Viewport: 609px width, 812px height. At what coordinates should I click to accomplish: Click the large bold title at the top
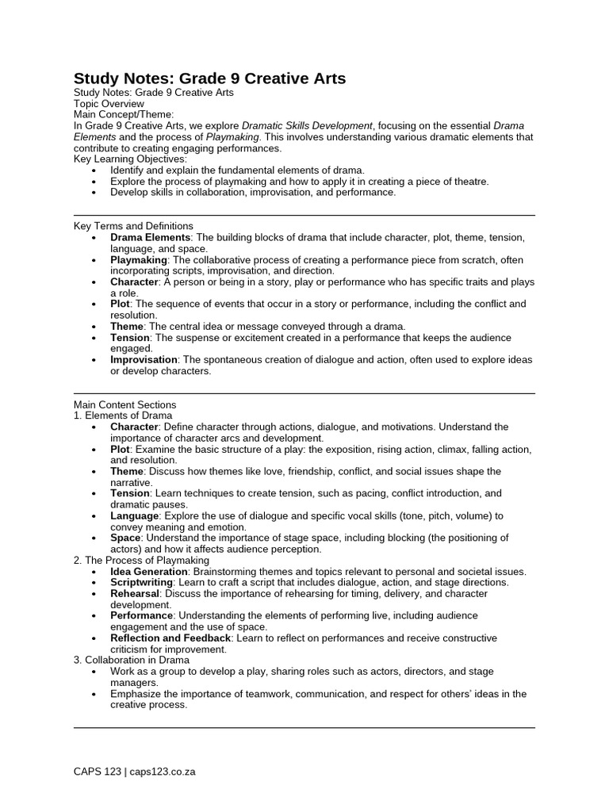point(209,78)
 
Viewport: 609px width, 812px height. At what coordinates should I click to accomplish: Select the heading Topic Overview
point(109,104)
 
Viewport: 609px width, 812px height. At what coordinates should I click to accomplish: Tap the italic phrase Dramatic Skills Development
point(307,126)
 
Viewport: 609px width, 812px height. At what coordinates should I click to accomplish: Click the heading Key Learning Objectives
point(130,159)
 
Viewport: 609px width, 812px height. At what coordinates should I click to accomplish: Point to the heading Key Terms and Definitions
point(133,226)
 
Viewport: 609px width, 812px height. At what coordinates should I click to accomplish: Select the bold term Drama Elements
point(150,237)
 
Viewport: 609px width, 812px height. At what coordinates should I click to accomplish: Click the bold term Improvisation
point(144,359)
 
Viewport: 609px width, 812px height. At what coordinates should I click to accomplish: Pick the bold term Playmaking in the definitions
point(139,259)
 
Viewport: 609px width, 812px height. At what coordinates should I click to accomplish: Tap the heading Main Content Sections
point(124,404)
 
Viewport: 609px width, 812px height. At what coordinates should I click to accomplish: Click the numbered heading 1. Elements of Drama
point(122,416)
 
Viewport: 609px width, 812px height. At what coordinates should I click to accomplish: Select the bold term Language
point(135,515)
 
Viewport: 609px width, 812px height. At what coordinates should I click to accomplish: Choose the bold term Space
point(125,538)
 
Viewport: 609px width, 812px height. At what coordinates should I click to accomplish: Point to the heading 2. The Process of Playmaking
point(141,560)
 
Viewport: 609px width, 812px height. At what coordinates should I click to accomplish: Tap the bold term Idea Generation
point(149,571)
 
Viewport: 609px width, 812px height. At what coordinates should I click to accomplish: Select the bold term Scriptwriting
point(141,582)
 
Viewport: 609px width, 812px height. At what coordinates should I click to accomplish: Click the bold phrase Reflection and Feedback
point(170,638)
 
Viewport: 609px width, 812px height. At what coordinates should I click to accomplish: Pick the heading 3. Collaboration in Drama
point(132,660)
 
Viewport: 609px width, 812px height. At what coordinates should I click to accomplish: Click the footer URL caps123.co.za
point(163,772)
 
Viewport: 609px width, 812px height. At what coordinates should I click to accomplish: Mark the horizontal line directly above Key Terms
point(304,215)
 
